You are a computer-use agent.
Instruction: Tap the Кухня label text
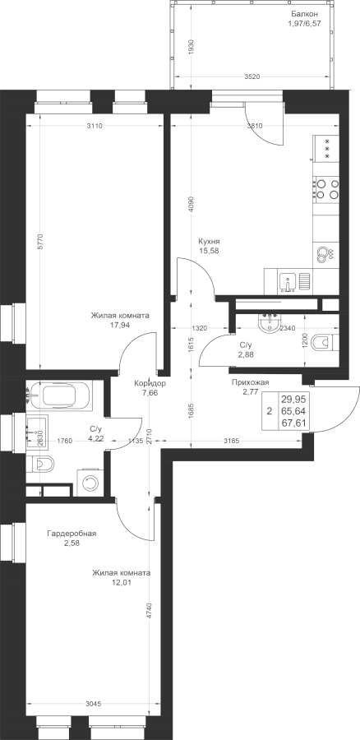[x=210, y=241]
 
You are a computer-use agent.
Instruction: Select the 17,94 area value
[x=120, y=325]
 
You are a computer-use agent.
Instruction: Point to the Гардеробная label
[x=72, y=534]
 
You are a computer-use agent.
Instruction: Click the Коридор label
[x=150, y=383]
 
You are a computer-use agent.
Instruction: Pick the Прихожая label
[x=250, y=382]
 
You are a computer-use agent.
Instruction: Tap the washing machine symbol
[x=90, y=483]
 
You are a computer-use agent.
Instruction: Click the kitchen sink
[x=288, y=283]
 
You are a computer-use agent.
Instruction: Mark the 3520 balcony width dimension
[x=253, y=76]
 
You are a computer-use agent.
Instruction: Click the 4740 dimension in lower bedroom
[x=150, y=610]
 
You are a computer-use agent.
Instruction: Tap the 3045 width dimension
[x=94, y=703]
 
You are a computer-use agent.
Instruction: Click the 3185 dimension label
[x=232, y=442]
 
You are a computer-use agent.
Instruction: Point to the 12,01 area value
[x=122, y=582]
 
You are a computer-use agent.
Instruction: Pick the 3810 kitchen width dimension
[x=255, y=126]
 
